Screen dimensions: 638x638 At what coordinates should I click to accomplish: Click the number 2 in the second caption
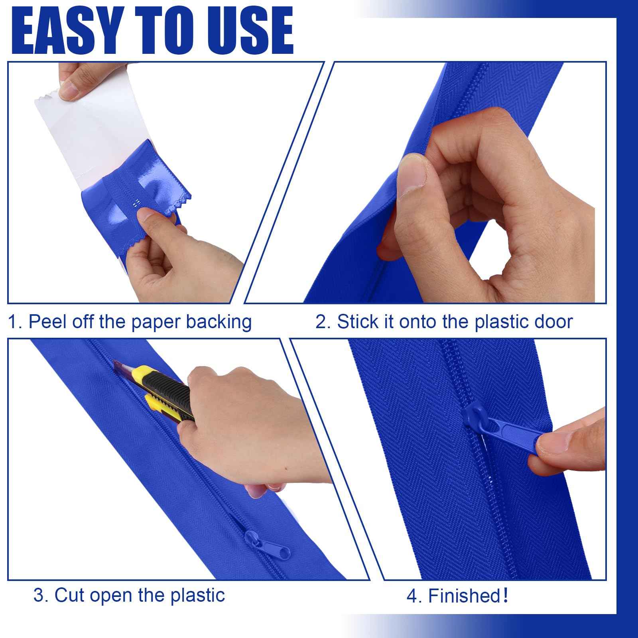[320, 322]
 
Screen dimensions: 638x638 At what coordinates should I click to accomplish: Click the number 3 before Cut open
[38, 595]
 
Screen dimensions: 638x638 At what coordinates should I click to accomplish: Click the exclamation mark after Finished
[506, 596]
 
